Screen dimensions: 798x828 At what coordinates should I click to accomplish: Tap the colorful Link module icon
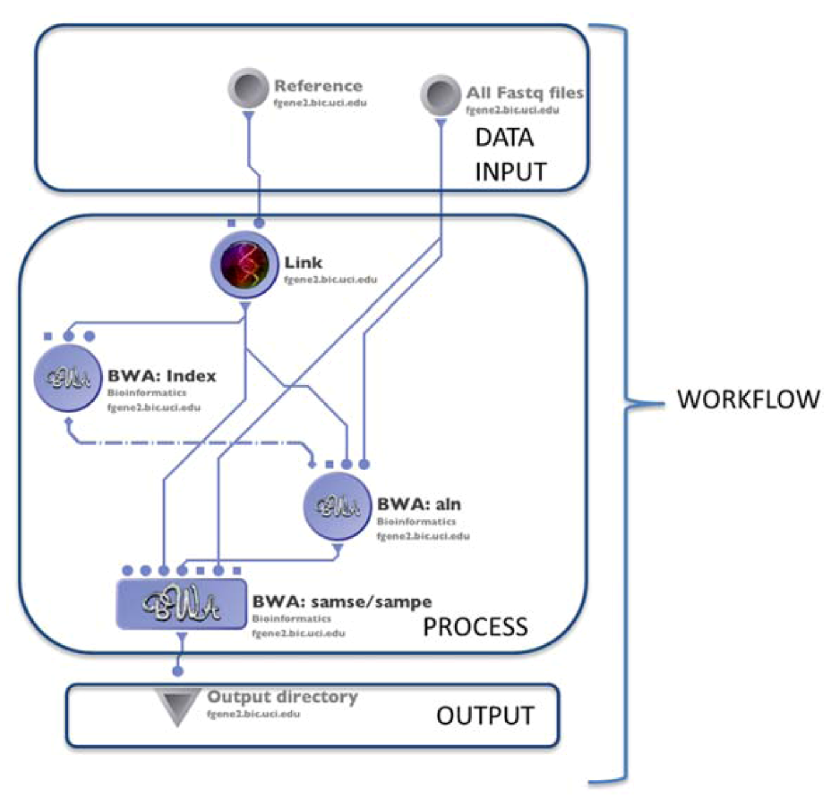(x=244, y=264)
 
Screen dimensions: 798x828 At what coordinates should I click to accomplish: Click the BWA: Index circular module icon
(x=68, y=378)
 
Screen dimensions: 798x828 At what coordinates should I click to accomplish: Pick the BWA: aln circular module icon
(x=337, y=506)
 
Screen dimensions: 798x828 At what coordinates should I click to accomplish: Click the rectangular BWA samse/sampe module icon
(x=181, y=604)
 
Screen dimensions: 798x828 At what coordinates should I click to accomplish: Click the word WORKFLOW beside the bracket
(x=748, y=399)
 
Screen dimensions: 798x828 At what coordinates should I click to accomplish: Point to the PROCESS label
(x=475, y=627)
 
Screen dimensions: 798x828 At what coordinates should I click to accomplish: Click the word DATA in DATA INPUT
(x=504, y=138)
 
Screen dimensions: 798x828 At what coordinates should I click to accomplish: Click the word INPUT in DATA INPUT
(x=510, y=172)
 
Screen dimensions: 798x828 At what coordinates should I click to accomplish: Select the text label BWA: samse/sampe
(x=341, y=602)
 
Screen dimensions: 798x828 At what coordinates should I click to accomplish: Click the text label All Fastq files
(x=524, y=93)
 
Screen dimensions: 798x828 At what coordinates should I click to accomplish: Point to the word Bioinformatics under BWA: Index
(x=147, y=393)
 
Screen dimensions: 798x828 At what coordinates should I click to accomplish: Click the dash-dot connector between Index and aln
(x=188, y=443)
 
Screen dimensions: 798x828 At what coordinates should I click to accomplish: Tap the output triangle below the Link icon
(x=246, y=307)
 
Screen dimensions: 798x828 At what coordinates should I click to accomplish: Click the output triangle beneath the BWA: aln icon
(x=337, y=549)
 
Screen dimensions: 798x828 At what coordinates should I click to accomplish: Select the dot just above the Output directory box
(x=178, y=671)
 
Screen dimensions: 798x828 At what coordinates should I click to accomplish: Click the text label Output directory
(x=282, y=697)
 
